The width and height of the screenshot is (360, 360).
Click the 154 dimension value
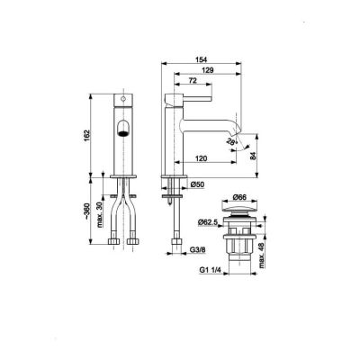pos(202,59)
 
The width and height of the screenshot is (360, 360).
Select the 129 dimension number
pos(208,70)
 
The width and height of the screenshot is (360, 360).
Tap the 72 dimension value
pos(193,80)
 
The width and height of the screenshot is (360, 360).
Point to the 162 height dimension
pos(86,137)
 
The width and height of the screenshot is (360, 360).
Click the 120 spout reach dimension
pos(202,158)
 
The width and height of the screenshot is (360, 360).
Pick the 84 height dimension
pos(254,156)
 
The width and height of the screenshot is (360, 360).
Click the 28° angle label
pos(230,141)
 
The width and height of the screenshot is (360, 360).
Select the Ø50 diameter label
pos(197,184)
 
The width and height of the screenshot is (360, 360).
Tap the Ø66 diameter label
pos(239,197)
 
